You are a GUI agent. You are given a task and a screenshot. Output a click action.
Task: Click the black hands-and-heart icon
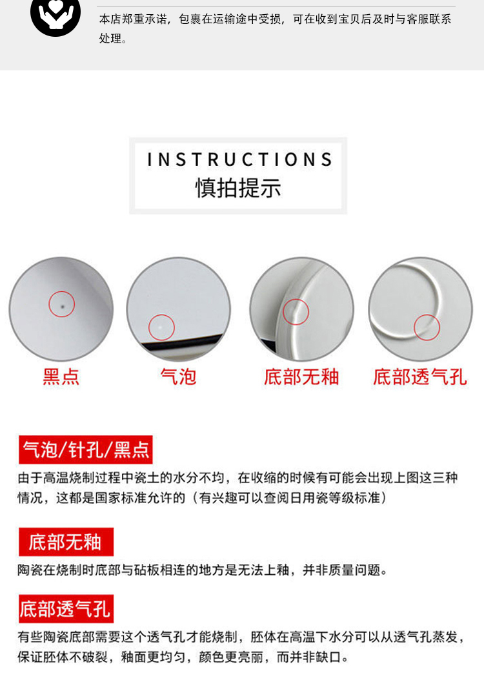click(x=55, y=16)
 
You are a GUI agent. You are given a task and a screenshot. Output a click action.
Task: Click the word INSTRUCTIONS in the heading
click(x=240, y=160)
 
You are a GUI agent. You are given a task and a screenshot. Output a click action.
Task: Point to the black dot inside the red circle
click(x=62, y=306)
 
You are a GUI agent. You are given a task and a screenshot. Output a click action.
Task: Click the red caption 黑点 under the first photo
click(x=61, y=377)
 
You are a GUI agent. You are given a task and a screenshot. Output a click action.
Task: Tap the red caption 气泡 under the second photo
click(x=178, y=377)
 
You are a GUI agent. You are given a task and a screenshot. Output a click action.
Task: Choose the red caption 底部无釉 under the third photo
click(x=301, y=377)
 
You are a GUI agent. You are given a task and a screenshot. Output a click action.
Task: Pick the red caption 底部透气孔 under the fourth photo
click(x=420, y=377)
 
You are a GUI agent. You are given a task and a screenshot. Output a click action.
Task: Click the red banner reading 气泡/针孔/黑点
click(x=86, y=450)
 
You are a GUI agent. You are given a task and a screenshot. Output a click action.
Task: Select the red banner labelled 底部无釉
click(x=66, y=542)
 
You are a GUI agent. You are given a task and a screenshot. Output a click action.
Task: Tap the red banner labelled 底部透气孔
click(x=66, y=609)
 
